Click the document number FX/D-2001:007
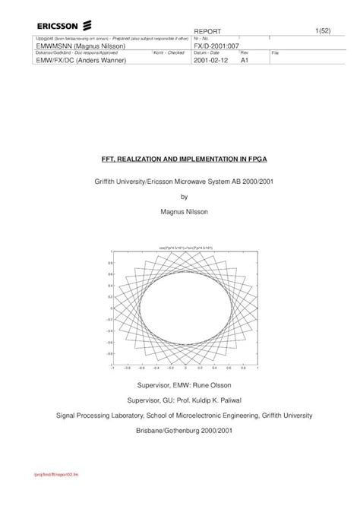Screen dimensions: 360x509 coord(218,46)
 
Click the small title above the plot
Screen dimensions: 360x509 coord(180,247)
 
